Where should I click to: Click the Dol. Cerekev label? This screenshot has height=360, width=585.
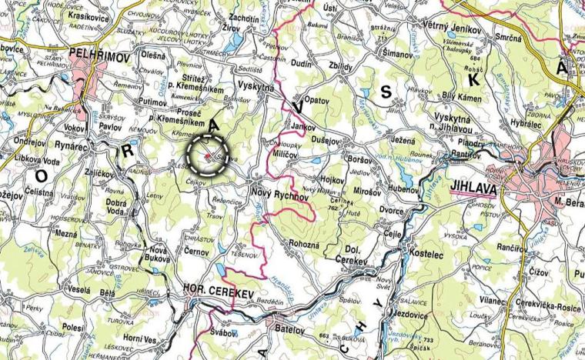click(355, 255)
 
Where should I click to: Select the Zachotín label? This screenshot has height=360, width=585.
click(243, 17)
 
